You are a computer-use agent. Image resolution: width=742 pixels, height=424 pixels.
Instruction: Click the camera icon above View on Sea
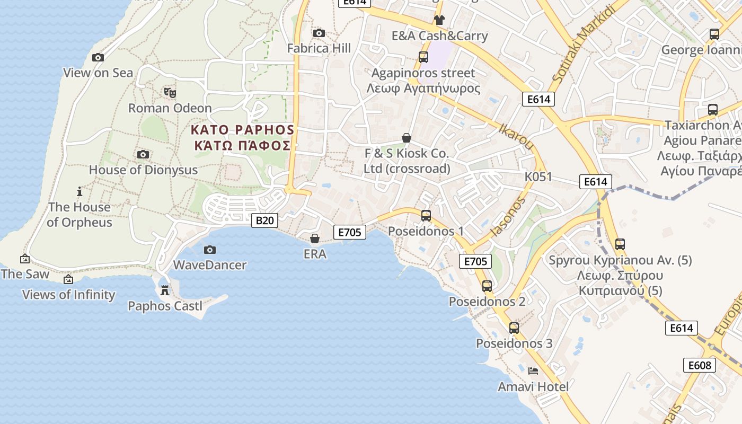tap(98, 57)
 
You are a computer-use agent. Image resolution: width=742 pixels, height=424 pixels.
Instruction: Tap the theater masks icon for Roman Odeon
tap(170, 93)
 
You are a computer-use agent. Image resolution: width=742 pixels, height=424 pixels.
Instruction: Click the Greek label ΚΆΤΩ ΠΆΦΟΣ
tap(242, 145)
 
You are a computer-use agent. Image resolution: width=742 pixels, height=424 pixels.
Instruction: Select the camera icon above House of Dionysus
tap(143, 154)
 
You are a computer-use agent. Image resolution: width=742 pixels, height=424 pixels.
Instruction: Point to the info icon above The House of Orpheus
tap(79, 191)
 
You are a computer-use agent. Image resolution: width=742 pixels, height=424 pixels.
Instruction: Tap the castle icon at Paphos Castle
tap(165, 290)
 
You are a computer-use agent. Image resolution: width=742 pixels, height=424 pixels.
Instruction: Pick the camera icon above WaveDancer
tap(210, 249)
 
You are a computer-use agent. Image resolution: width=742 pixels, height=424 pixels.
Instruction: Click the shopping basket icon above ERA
tap(315, 238)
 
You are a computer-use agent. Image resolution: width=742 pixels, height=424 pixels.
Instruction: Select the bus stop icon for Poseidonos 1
tap(426, 215)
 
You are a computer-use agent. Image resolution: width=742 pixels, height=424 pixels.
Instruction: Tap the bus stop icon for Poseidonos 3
tap(514, 328)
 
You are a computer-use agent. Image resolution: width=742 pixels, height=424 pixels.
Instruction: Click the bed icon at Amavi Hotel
tap(533, 371)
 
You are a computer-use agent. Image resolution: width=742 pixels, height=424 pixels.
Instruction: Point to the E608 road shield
tap(700, 365)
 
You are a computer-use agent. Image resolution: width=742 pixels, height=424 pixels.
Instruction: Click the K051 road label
tap(538, 176)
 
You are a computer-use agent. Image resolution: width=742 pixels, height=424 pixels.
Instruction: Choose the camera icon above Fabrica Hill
tap(319, 33)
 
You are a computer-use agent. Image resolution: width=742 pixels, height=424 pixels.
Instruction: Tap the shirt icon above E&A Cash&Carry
tap(439, 20)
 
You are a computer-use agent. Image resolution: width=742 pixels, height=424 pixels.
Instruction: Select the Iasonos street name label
tap(508, 216)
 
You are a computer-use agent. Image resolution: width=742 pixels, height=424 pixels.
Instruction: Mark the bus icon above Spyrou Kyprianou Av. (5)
tap(620, 244)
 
